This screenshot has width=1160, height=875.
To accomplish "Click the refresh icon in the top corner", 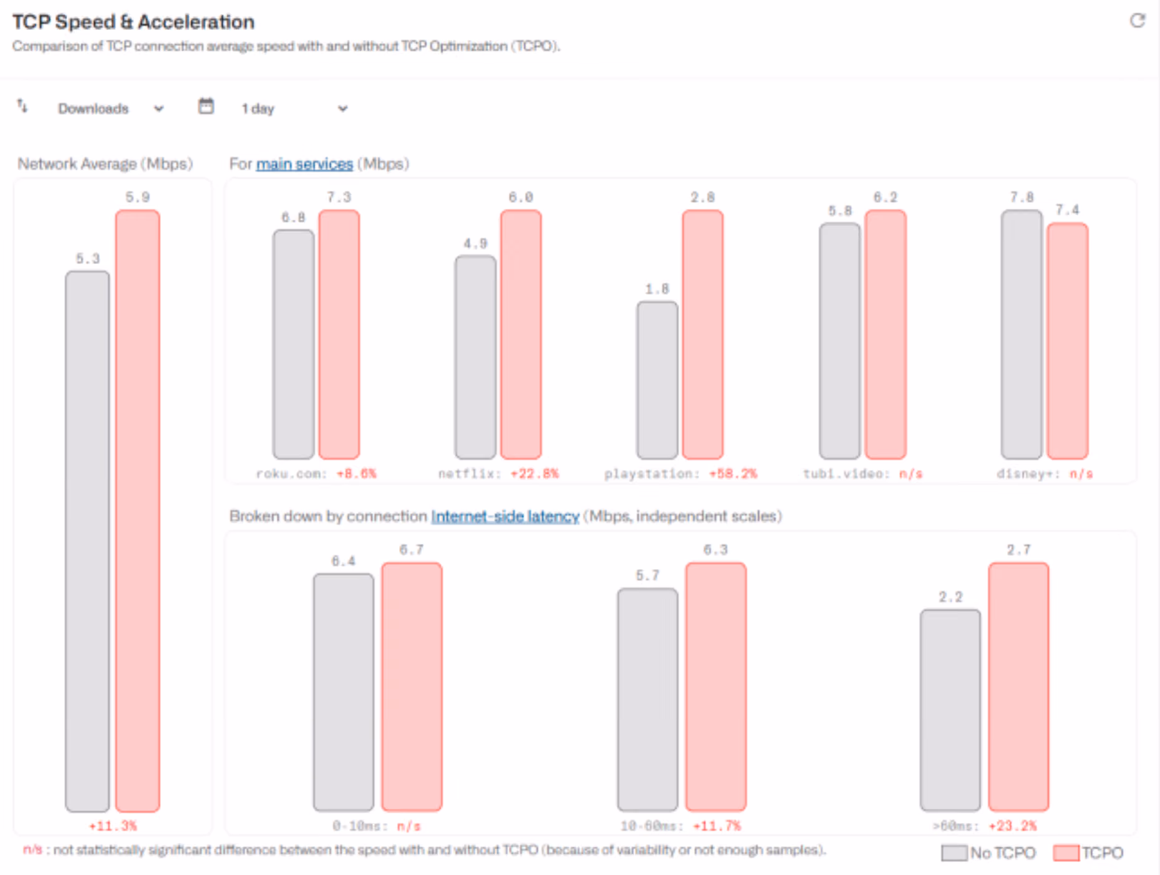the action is coord(1138,21).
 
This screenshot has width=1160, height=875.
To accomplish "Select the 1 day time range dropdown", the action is coord(294,109).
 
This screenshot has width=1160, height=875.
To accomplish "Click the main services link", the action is coord(304,164).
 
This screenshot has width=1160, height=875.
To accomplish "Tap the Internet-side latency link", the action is coord(505,517).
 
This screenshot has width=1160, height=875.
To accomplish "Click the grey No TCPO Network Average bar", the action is coord(87,541).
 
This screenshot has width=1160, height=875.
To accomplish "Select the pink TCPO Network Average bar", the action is coord(137,511).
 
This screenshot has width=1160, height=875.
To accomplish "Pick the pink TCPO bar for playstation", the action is coord(702,335).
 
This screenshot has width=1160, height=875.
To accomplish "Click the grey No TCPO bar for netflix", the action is coord(475,357).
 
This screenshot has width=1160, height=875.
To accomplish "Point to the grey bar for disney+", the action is coord(1022,335).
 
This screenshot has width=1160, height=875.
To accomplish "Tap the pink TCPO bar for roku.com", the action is coord(339,335).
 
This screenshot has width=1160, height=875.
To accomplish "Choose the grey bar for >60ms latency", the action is coord(950,710).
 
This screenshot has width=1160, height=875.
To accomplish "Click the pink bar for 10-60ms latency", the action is coord(716,687).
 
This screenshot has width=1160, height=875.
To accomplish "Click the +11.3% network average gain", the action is coord(112,826).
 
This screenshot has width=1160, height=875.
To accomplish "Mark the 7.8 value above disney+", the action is coord(1022,197).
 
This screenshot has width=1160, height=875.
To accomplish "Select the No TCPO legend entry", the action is coord(988,853).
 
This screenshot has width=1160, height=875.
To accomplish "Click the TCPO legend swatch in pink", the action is coord(1066,853).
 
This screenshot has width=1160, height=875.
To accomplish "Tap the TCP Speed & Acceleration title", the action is coord(133,22).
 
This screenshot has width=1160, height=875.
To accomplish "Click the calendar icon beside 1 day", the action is coord(206,107).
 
